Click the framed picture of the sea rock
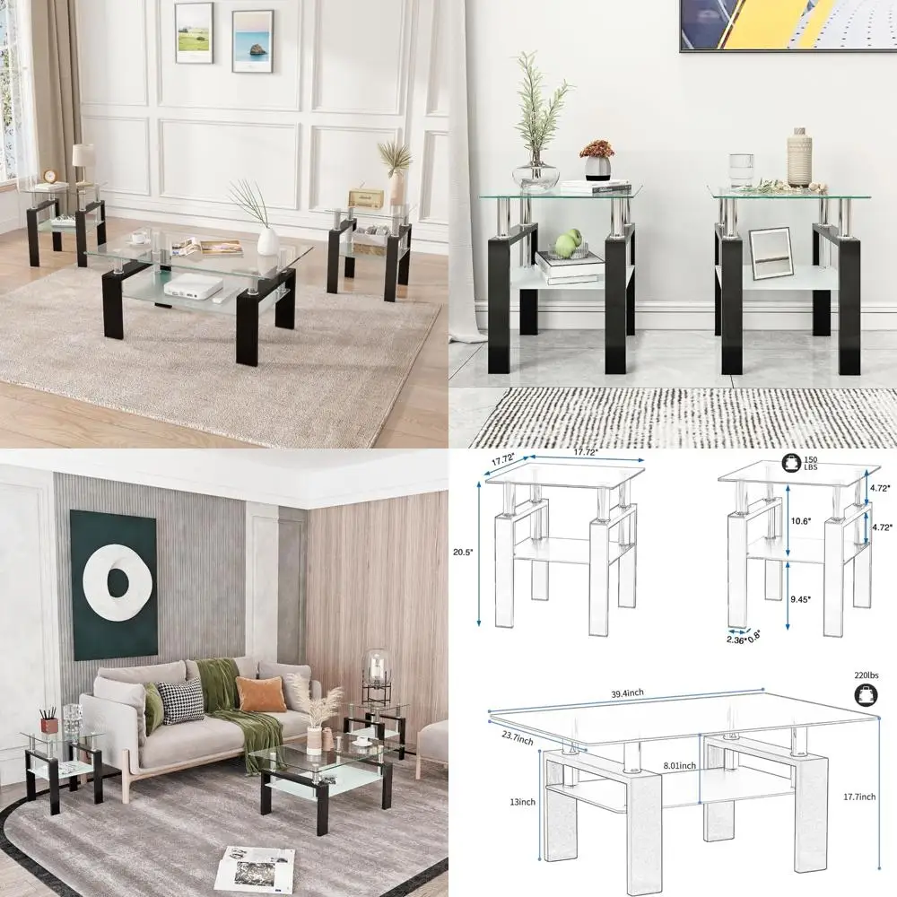tap(252, 40)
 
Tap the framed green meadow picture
tap(194, 32)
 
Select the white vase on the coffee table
tap(267, 241)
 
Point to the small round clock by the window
tap(50, 177)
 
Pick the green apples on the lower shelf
tap(570, 244)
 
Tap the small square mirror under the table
tap(771, 253)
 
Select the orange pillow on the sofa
tap(260, 693)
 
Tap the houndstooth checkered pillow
tap(180, 701)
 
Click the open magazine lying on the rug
tap(255, 869)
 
